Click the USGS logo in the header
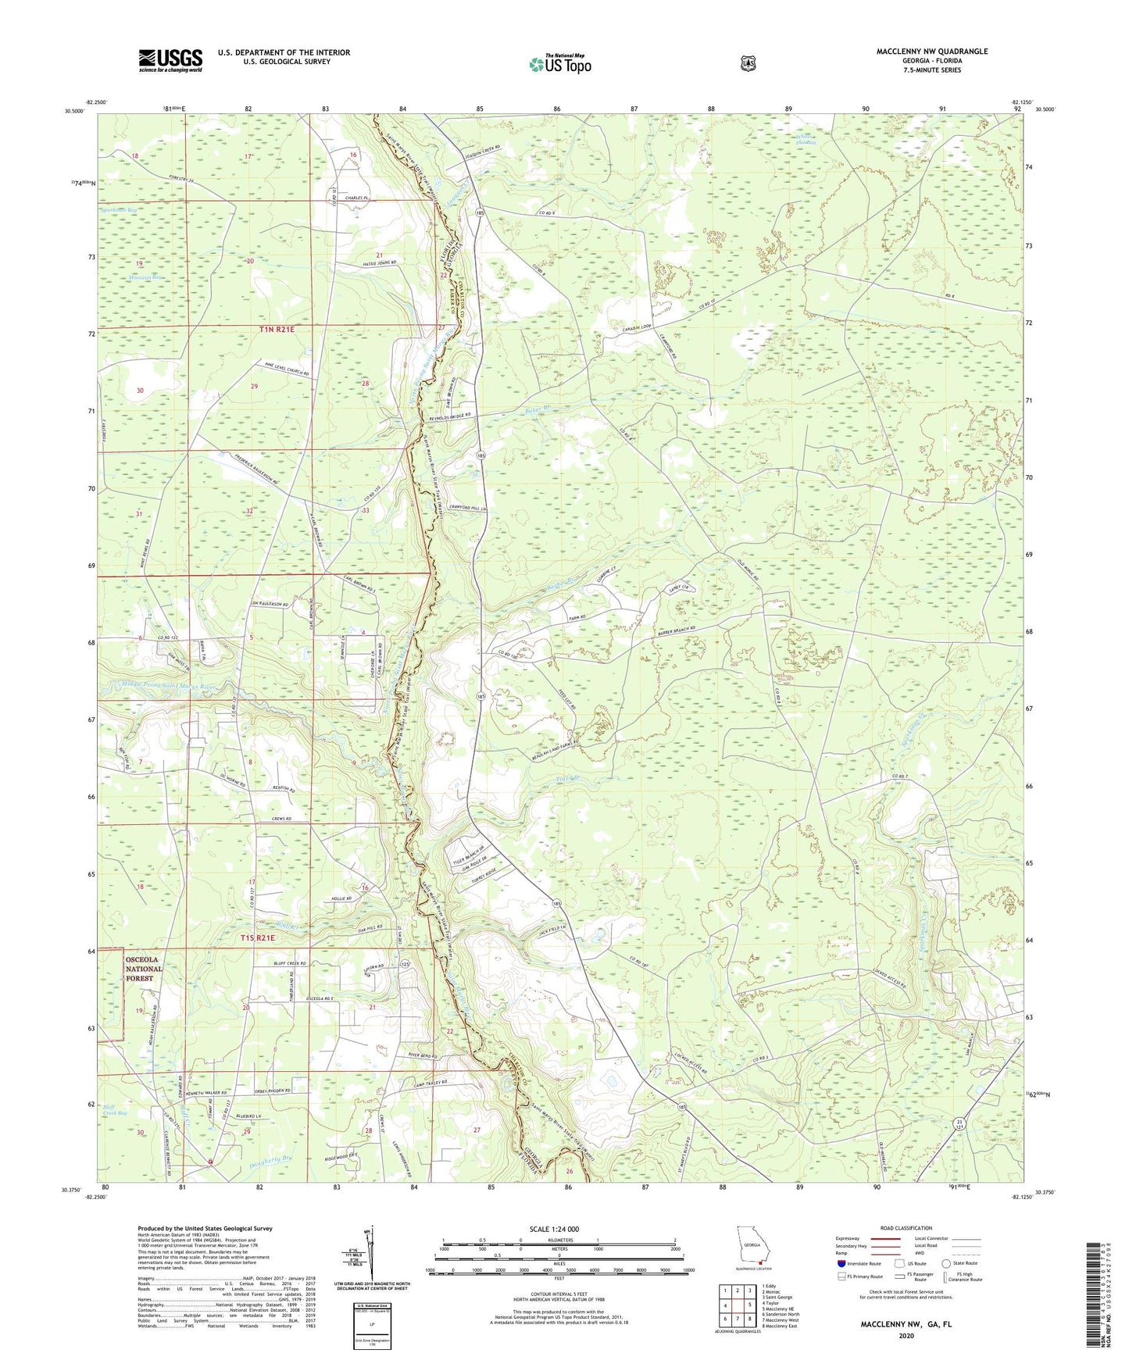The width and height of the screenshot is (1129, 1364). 170,60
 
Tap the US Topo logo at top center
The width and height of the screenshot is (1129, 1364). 559,64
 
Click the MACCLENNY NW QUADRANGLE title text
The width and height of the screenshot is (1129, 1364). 920,52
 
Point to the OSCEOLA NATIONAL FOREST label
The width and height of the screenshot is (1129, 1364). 144,969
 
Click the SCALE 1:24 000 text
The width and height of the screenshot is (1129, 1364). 558,1229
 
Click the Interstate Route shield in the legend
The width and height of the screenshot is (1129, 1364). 841,1263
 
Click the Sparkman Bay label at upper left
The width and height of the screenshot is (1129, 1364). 120,210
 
